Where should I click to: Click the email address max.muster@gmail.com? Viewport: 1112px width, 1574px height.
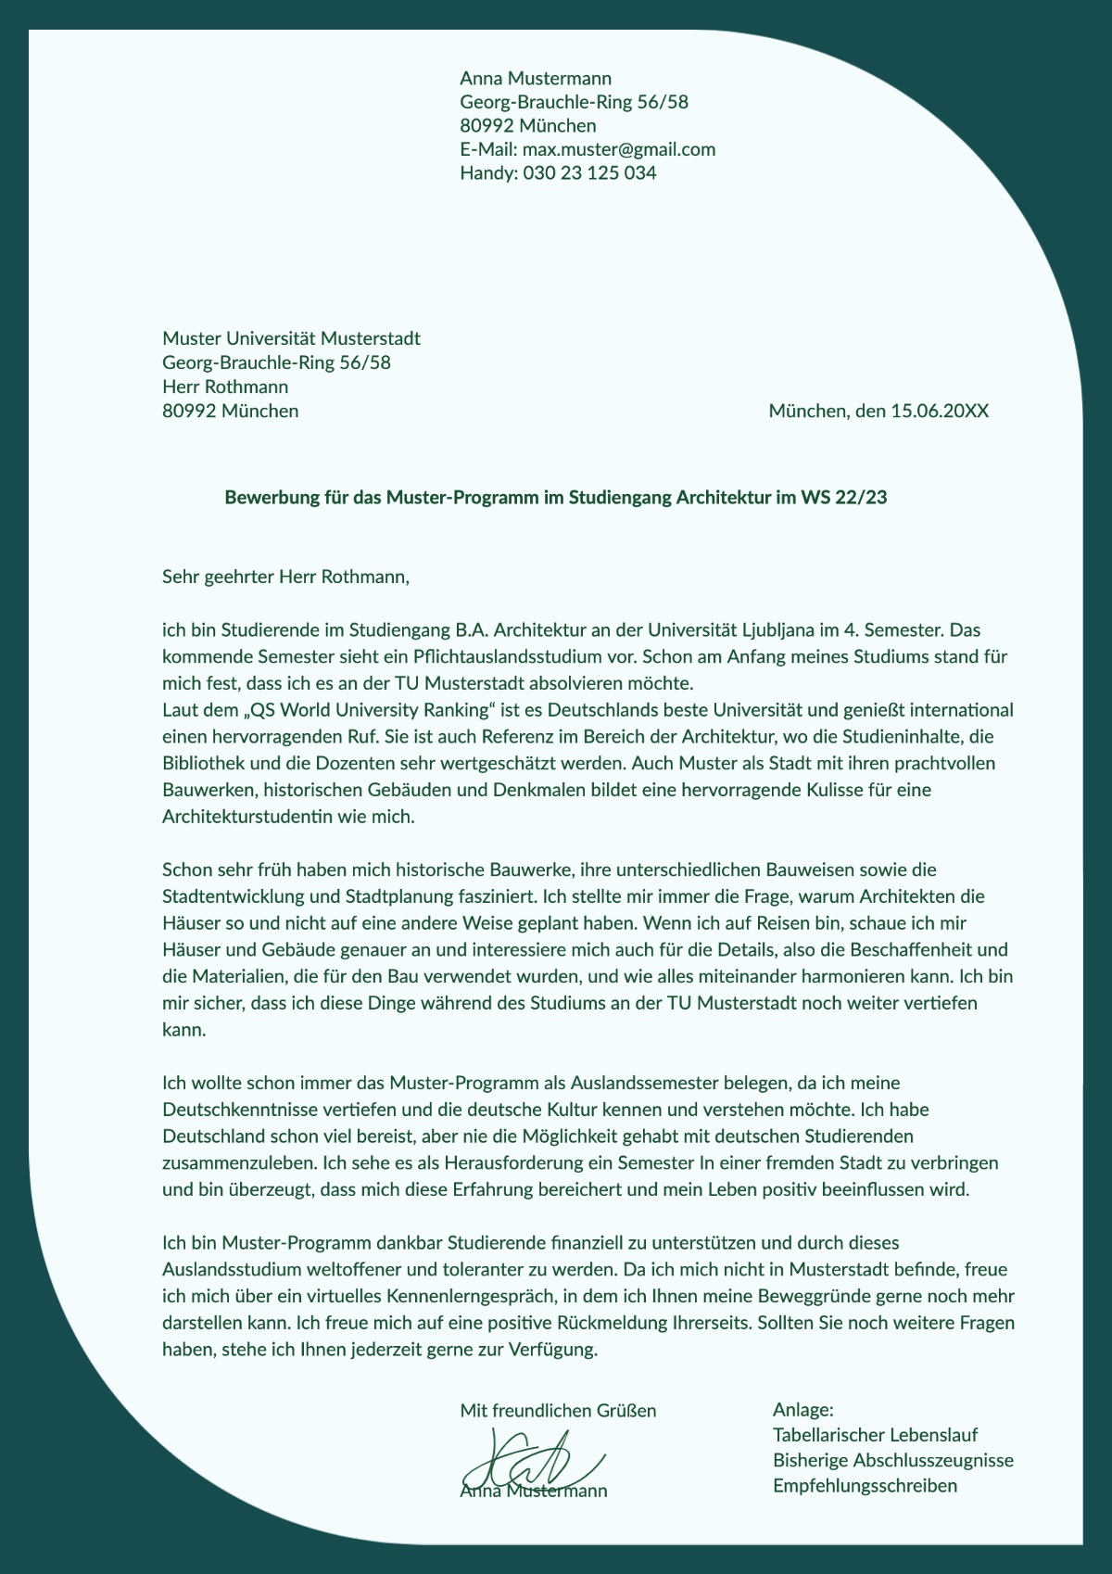[x=619, y=149]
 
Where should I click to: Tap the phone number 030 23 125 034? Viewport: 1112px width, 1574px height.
[x=589, y=173]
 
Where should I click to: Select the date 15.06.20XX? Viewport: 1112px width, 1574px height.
[x=940, y=411]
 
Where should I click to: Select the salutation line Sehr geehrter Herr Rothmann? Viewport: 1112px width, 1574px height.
[x=285, y=578]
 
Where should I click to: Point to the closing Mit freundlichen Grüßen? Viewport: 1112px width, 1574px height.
[x=558, y=1411]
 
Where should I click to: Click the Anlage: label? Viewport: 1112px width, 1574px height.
[x=803, y=1410]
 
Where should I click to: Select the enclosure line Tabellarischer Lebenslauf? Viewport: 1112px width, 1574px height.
[x=876, y=1435]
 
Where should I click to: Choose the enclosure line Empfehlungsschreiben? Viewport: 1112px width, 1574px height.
[x=865, y=1486]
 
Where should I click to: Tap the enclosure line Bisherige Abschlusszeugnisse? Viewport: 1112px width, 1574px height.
[x=893, y=1461]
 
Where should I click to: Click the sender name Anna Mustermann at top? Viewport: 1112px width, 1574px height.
[x=536, y=78]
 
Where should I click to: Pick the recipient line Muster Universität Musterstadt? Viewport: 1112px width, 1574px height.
[x=291, y=338]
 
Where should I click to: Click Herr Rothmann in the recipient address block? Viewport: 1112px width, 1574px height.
[x=225, y=387]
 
